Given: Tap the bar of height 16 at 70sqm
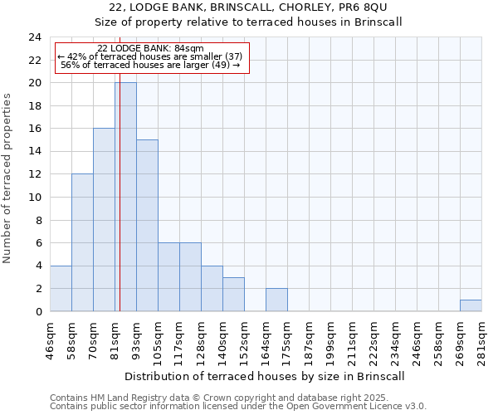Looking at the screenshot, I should tap(104, 220).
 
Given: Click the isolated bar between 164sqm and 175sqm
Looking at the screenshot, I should tap(276, 300).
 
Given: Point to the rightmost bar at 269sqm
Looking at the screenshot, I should tap(471, 305).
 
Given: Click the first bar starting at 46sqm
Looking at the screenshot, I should tap(61, 288).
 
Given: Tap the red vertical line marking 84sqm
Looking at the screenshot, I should tap(120, 207).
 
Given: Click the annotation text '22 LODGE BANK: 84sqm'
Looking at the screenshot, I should tap(150, 49).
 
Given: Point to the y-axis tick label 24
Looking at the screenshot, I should tap(35, 37).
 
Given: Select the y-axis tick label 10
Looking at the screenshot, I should tap(35, 198).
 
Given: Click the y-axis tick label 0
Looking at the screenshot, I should tap(38, 311).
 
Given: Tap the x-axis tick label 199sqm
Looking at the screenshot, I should tap(330, 339).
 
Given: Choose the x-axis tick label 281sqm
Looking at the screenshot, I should tap(481, 339).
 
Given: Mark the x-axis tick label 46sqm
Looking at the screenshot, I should tap(50, 339).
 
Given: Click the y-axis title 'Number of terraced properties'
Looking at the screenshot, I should tap(7, 178).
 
